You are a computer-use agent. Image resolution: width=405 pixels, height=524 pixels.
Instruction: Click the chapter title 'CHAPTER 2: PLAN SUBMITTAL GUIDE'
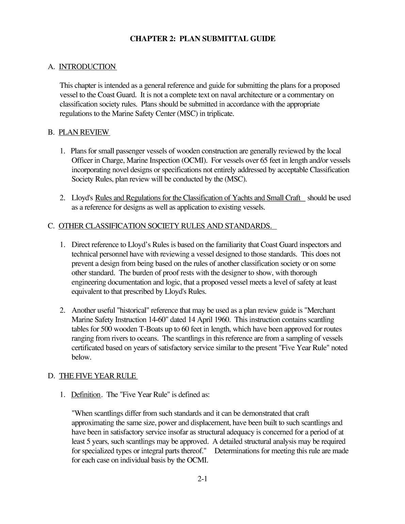tap(203, 39)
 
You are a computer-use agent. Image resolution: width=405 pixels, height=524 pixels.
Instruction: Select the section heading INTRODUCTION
tap(87, 67)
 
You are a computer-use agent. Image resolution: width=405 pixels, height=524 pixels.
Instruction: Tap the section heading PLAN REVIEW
tap(84, 132)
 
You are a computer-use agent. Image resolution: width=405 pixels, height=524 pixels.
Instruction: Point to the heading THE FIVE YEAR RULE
tap(98, 376)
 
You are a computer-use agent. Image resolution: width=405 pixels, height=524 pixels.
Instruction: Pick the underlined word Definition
tap(86, 395)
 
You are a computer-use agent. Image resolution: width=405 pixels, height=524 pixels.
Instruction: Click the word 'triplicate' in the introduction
tap(220, 114)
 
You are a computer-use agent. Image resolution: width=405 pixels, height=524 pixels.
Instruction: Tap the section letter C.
tap(51, 226)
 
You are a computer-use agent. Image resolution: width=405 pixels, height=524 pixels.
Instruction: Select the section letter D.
tap(51, 376)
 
